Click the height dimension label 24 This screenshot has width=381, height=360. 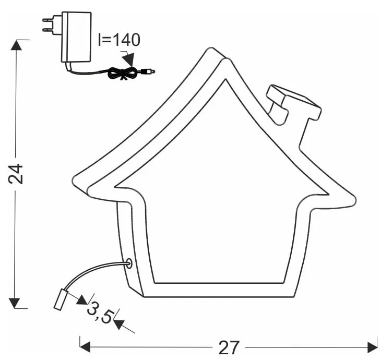coord(16,174)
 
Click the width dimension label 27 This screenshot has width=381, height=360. coord(229,347)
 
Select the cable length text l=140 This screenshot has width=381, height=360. coord(120,40)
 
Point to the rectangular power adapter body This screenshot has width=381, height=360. coord(76,37)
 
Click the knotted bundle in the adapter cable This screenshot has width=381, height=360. coord(124,73)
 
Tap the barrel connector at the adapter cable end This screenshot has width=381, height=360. coord(148,71)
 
